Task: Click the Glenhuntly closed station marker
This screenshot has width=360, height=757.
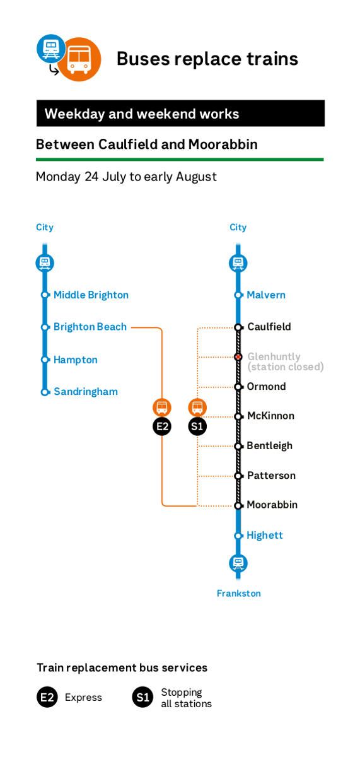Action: coord(238,357)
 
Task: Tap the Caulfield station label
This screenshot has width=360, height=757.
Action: coord(269,327)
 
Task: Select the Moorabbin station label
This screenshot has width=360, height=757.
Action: coord(272,505)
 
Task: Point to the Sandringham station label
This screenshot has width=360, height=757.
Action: coord(86,391)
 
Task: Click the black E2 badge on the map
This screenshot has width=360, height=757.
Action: coord(162,426)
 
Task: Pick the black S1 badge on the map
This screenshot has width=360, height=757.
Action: coord(197,426)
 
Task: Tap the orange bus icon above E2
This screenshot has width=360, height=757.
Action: coord(162,408)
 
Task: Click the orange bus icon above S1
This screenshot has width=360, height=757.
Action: coord(197,408)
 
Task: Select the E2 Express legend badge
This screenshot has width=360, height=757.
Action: coord(47,697)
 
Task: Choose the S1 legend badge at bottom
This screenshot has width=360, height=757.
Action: coord(142,697)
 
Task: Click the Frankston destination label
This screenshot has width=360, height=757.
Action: coord(239,594)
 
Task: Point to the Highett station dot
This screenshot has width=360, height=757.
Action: coord(238,536)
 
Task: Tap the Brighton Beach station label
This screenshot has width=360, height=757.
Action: coord(90,327)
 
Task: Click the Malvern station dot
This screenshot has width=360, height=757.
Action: coord(238,295)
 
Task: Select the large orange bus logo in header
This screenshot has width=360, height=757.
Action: coord(79,59)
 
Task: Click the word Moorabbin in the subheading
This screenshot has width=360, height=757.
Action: coord(223,144)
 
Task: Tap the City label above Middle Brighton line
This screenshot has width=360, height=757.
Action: coord(45,228)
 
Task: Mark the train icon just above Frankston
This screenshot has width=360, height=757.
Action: coord(238,563)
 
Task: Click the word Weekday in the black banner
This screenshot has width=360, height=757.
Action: coord(74,114)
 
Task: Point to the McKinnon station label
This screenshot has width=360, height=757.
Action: coord(271,416)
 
